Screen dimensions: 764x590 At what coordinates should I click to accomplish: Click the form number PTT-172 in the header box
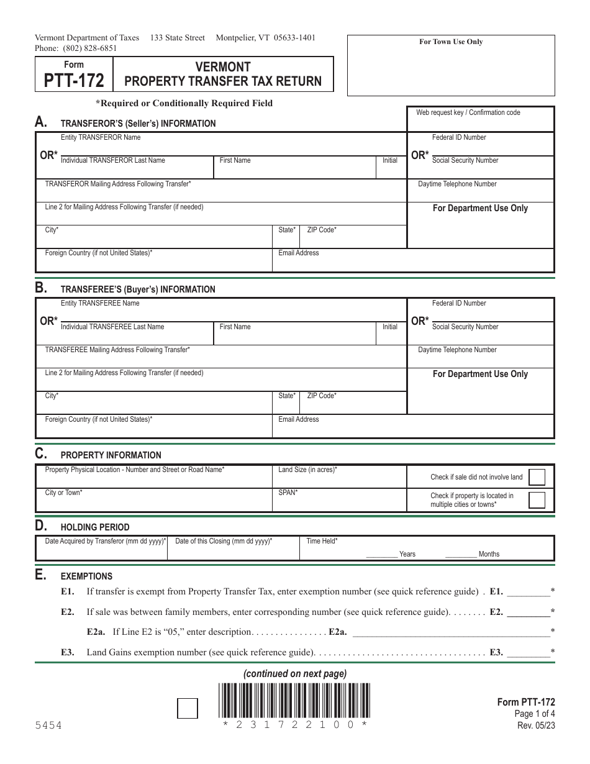click(74, 81)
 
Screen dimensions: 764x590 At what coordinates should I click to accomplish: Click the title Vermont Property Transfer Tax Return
click(223, 74)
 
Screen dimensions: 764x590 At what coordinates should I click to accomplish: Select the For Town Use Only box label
click(450, 42)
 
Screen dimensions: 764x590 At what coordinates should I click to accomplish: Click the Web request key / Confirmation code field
click(479, 122)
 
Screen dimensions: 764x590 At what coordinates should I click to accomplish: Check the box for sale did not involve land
click(537, 477)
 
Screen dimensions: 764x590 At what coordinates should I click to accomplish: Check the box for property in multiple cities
click(537, 500)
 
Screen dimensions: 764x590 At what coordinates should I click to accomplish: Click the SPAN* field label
click(288, 493)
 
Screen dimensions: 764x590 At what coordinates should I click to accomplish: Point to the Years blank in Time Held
click(381, 554)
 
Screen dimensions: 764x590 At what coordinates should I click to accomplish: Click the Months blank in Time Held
click(461, 554)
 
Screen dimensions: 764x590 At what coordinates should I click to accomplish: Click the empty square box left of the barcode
click(188, 708)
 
